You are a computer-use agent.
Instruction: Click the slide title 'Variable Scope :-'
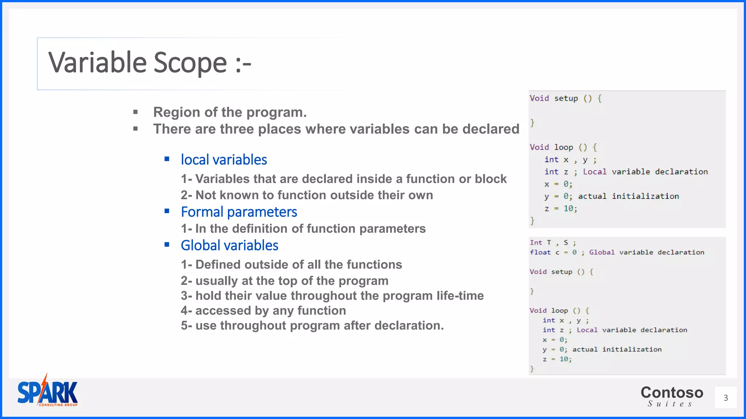tap(150, 63)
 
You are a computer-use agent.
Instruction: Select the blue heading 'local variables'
tap(224, 160)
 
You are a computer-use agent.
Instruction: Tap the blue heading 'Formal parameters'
tap(239, 212)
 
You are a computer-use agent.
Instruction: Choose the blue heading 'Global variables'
tap(229, 246)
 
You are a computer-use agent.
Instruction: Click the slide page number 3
tap(726, 398)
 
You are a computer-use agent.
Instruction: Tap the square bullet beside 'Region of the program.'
tap(136, 112)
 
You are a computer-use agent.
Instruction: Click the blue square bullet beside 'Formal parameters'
tap(167, 211)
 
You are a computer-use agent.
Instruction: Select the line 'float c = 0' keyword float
tap(540, 252)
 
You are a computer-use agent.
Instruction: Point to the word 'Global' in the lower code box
tap(602, 252)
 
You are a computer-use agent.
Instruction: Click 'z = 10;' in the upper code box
tap(561, 208)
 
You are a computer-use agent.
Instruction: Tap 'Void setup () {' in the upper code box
tap(565, 98)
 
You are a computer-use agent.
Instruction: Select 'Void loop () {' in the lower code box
tap(559, 311)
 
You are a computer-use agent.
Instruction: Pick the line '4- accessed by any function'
tap(263, 311)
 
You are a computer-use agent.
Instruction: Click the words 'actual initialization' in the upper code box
tap(628, 196)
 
